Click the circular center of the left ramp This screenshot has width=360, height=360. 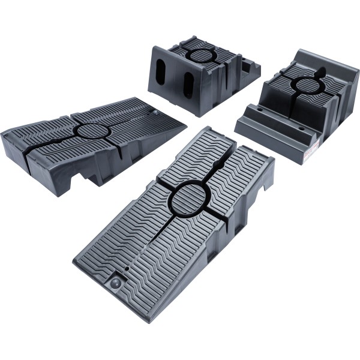coord(90,130)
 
